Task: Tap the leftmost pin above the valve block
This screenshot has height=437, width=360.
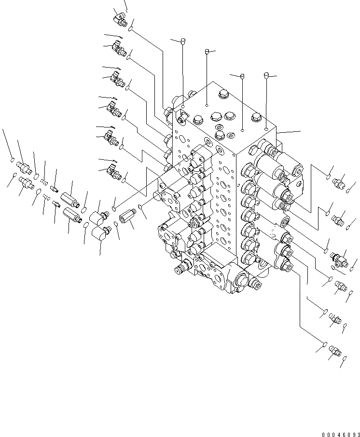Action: [183, 42]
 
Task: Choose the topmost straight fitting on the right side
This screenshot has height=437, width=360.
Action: [339, 182]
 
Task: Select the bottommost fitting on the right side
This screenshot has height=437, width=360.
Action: [333, 348]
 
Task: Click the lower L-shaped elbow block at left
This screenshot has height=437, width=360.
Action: [101, 237]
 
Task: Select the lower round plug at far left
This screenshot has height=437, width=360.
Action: [26, 182]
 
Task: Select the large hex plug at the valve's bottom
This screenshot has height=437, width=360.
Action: [241, 278]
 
